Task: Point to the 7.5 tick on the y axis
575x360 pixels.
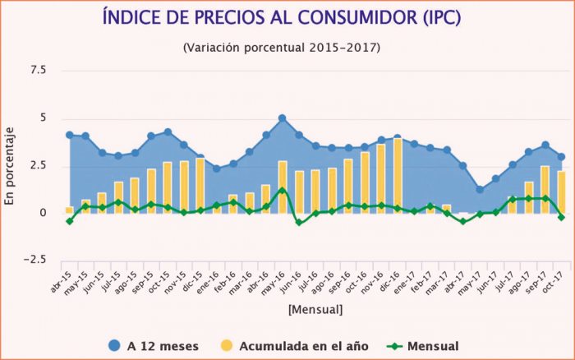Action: (x=39, y=71)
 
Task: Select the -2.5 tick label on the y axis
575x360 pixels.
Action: (x=36, y=261)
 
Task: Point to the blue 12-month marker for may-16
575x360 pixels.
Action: (x=282, y=118)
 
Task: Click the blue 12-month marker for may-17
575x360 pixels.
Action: (x=479, y=189)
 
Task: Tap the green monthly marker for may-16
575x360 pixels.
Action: (x=282, y=190)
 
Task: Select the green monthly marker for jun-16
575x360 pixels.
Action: (x=298, y=222)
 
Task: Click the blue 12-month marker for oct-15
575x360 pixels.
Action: (x=168, y=132)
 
